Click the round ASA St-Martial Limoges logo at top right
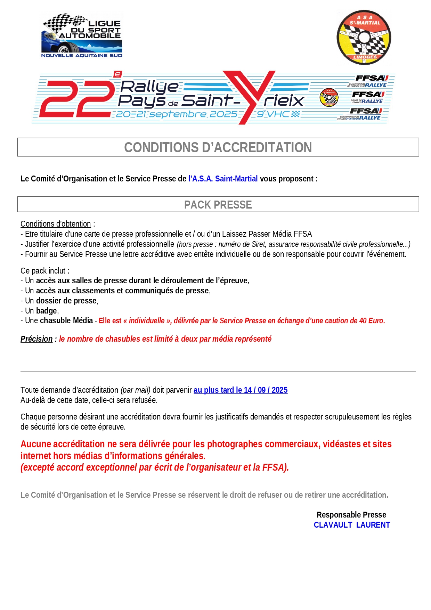tap(364, 38)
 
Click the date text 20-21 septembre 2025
tap(177, 114)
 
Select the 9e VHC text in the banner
tap(273, 114)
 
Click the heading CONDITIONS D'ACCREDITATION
tap(218, 147)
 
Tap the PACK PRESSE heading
tap(218, 205)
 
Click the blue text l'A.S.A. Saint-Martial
tap(223, 179)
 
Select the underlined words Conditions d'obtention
tap(56, 224)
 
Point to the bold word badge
tap(46, 311)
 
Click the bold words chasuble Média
tap(66, 320)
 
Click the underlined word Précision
tap(36, 339)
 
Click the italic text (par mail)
tap(136, 390)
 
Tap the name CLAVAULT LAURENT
tap(352, 525)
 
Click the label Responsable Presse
tap(351, 515)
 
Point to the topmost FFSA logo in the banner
tap(371, 79)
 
